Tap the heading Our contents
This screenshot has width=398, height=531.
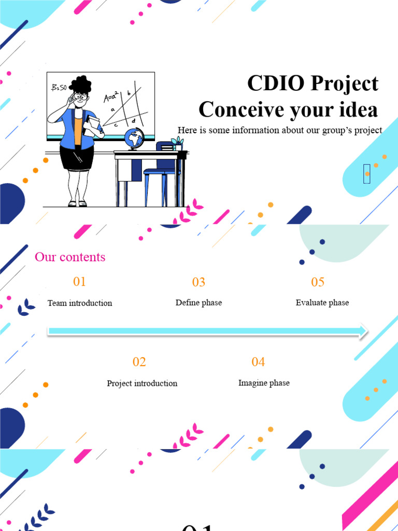(70, 257)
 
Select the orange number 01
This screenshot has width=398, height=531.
(79, 282)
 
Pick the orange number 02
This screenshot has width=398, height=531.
(139, 362)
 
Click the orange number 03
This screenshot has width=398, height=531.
(198, 282)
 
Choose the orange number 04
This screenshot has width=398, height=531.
(258, 362)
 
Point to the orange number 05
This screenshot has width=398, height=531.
(318, 282)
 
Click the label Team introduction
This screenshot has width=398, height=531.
(80, 303)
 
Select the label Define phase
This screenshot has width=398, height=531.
(198, 303)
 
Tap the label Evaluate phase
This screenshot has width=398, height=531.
(322, 303)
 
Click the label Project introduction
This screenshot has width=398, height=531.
(142, 383)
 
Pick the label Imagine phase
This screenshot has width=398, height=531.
(264, 383)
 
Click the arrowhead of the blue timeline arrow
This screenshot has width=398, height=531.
(362, 331)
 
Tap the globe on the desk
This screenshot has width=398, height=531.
(134, 138)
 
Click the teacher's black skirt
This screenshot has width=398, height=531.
(76, 158)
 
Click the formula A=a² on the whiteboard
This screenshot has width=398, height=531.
(111, 97)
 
